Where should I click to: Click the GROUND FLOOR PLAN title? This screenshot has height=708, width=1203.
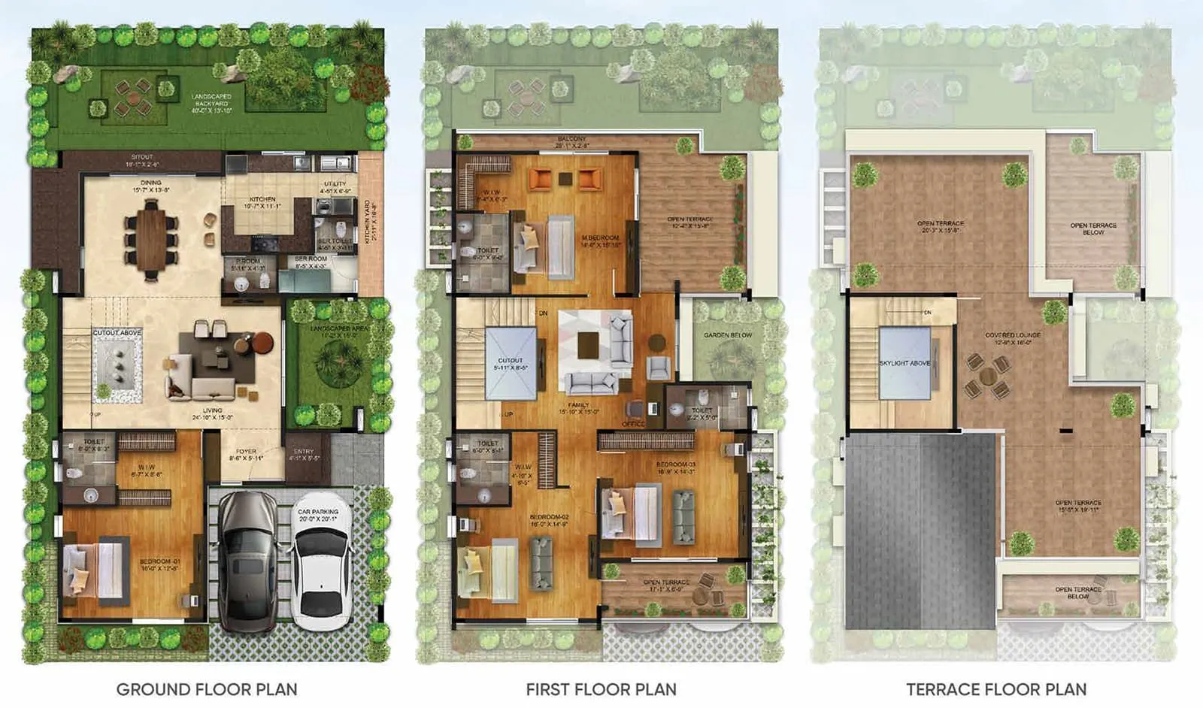(x=207, y=689)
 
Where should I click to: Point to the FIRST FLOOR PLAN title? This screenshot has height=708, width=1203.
(x=601, y=689)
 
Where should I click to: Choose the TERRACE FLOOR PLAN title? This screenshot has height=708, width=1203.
(x=996, y=689)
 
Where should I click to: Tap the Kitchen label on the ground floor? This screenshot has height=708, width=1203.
(x=262, y=202)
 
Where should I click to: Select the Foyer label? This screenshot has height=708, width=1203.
(x=246, y=455)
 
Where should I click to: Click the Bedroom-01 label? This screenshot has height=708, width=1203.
(x=159, y=564)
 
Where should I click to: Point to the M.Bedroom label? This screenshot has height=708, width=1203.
(x=601, y=241)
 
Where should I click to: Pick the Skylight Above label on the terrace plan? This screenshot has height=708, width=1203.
(x=905, y=363)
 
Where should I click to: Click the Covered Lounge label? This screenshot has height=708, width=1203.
(x=1013, y=338)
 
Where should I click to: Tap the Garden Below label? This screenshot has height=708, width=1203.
(x=727, y=335)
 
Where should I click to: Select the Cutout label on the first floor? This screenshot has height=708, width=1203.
(x=511, y=364)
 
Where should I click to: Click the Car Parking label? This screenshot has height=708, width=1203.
(x=318, y=515)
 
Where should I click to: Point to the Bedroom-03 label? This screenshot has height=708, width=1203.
(x=676, y=467)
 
